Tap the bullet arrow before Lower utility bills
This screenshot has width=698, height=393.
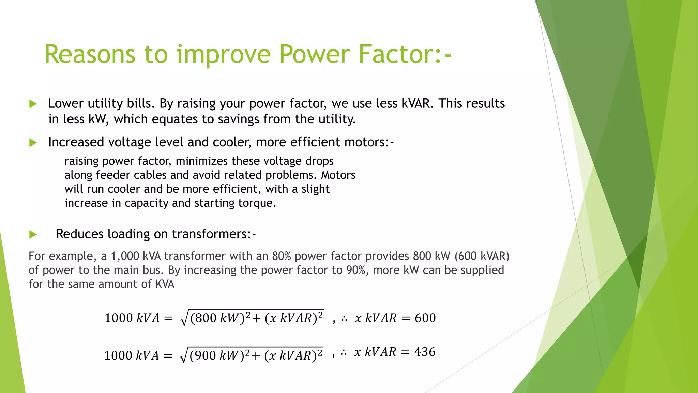[x=33, y=104]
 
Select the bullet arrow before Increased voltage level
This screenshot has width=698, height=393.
[x=33, y=142]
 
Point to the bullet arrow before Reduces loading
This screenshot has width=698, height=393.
[x=33, y=234]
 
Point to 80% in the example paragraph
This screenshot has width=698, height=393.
[x=282, y=256]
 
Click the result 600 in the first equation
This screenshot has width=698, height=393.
[x=425, y=318]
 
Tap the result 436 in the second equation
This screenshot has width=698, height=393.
[x=425, y=352]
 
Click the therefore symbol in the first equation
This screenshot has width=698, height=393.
[x=344, y=319]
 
